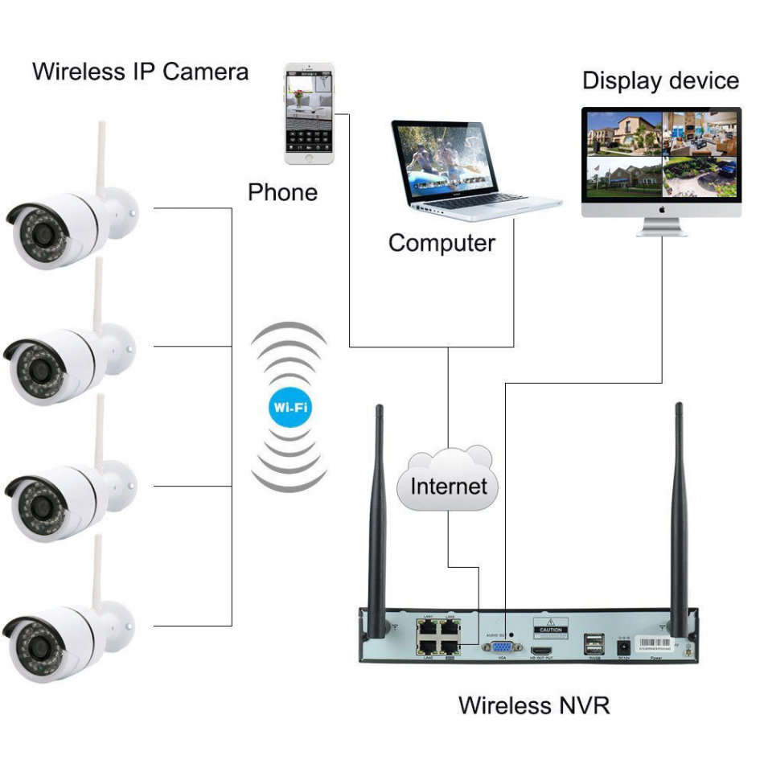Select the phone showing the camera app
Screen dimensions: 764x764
pos(309,113)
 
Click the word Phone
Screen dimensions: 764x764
pos(282,192)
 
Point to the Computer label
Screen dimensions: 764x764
pos(442,242)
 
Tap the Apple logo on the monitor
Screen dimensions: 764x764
pos(661,207)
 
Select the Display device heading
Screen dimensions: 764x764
pos(660,80)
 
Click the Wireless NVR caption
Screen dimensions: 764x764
pos(534,705)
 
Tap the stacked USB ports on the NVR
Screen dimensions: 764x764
pos(595,643)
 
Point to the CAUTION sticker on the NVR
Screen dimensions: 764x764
pos(551,628)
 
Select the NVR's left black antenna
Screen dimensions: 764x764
pos(376,515)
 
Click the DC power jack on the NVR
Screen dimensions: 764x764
pos(622,645)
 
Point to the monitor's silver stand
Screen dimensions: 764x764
pos(661,226)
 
